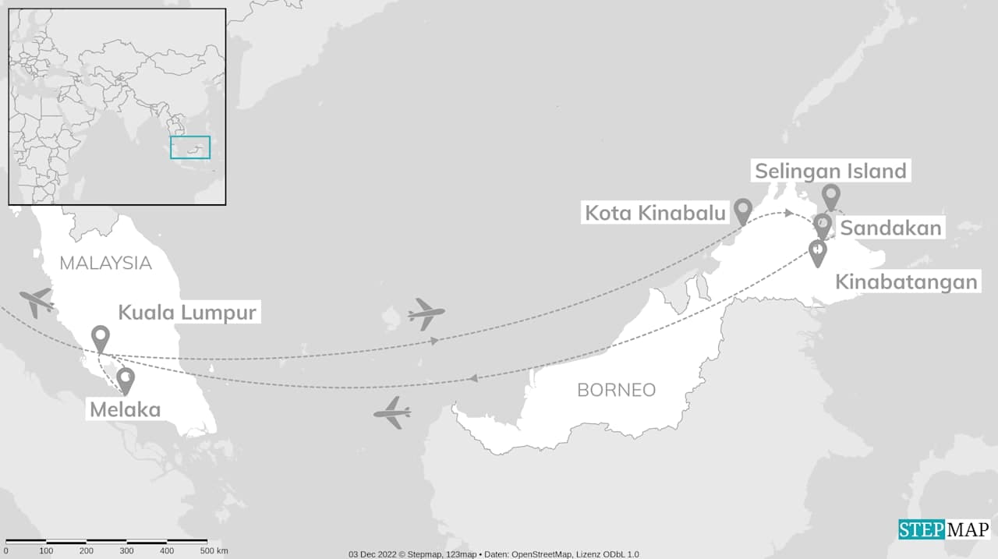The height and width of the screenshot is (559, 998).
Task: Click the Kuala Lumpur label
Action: [187, 313]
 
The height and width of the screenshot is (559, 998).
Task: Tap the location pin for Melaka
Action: [126, 380]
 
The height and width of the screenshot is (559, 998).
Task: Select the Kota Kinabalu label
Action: [656, 212]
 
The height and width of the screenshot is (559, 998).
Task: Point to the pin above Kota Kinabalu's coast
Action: [742, 209]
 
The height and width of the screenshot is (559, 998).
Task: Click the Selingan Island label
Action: [830, 171]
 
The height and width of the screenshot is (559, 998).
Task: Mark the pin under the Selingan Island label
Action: [831, 196]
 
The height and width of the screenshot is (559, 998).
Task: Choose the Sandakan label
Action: [890, 228]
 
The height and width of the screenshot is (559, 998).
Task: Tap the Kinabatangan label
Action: [906, 281]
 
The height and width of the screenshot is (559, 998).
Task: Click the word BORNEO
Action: [616, 390]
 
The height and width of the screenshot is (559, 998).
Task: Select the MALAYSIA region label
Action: [105, 263]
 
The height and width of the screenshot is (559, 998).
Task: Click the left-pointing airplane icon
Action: [392, 412]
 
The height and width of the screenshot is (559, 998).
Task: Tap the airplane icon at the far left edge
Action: [36, 301]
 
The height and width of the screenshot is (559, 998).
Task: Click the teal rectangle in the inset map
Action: [190, 147]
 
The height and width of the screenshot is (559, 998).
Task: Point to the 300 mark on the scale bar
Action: [126, 551]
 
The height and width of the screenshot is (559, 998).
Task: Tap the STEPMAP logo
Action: [943, 529]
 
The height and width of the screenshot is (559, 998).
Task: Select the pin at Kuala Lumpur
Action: [100, 338]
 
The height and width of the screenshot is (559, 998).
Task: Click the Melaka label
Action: [125, 409]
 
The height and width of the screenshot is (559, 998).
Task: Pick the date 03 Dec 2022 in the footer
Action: [373, 554]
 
